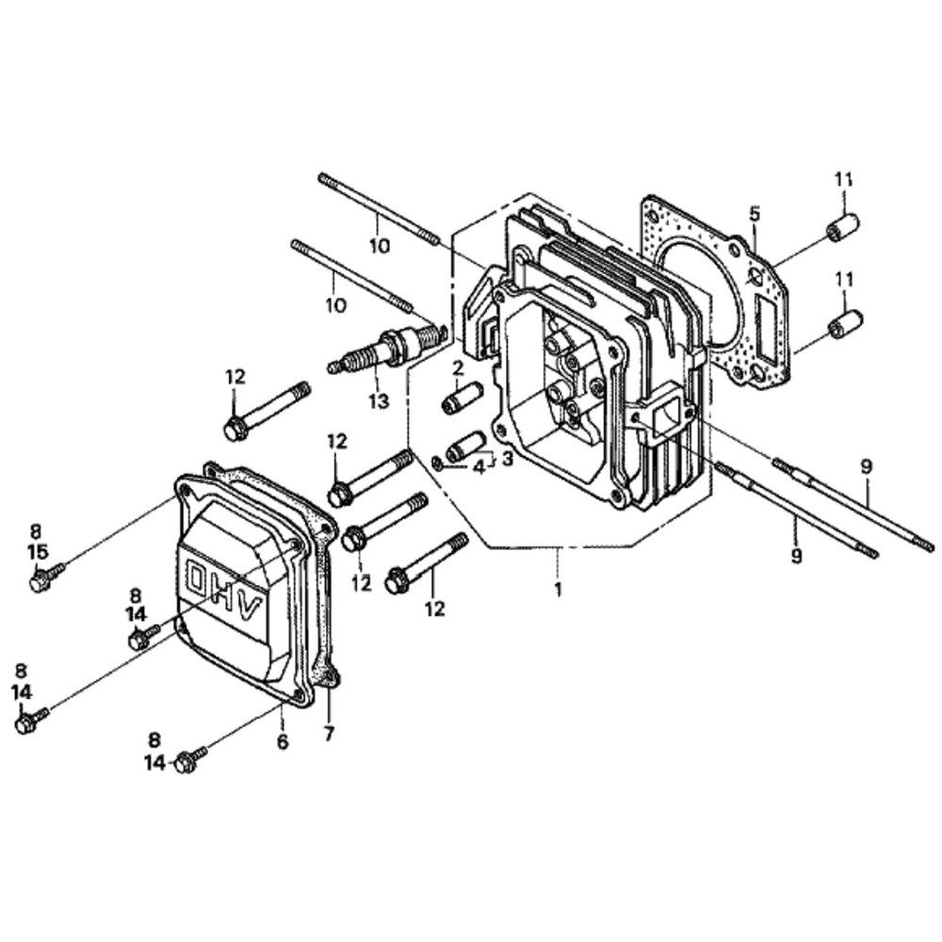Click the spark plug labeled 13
click(387, 349)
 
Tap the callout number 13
click(379, 400)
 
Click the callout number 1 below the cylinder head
click(558, 590)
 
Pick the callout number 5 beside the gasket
click(755, 213)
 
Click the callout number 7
click(329, 734)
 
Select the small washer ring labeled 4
click(437, 463)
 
